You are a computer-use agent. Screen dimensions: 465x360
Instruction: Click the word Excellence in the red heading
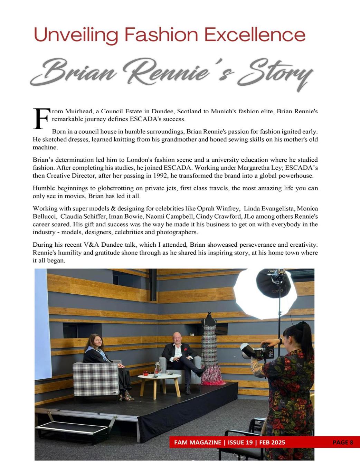point(255,35)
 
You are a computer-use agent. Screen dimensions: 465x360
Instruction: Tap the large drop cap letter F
point(41,118)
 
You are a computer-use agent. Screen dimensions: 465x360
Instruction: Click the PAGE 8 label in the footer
point(342,443)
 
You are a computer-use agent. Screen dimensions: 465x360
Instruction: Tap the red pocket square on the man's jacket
point(186,349)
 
